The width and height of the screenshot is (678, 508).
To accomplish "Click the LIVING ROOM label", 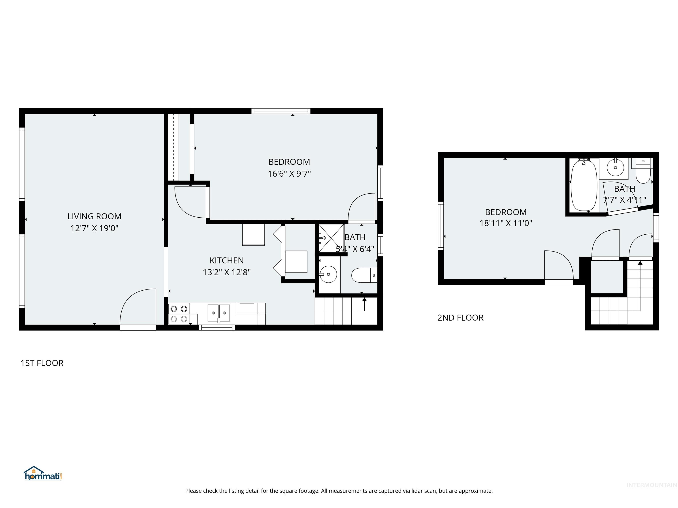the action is point(94,217).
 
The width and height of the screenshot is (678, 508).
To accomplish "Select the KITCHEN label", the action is point(227,261).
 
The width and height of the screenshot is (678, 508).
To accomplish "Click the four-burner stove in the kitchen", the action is point(179,314).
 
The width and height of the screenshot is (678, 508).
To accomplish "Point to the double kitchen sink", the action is point(219,313).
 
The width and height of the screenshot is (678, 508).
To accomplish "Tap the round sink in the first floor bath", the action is point(328,274).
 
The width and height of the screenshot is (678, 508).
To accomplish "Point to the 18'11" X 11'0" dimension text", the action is point(506,223).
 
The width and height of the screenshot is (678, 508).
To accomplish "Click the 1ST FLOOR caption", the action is point(42,363).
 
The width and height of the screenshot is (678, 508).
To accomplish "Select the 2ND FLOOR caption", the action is point(460,318).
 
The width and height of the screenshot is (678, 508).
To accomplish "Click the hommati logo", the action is point(43,473).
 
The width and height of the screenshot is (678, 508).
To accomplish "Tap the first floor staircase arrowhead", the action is point(364,299).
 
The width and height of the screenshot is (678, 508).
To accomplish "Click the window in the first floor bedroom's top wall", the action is point(281,111).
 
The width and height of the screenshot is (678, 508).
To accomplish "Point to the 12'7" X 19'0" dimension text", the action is point(94,228).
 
